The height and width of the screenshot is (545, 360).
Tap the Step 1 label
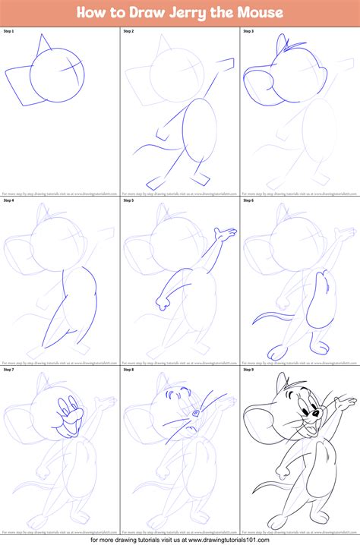[9, 31]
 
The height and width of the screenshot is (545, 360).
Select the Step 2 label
[129, 31]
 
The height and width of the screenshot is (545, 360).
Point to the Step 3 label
[249, 31]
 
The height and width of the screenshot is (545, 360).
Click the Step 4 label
[9, 200]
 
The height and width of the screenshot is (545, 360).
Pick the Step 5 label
[129, 200]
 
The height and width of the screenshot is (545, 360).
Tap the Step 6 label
[249, 200]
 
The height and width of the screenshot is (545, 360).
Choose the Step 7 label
[9, 370]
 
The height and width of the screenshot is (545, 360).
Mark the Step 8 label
[129, 370]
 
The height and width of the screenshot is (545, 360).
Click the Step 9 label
[249, 370]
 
